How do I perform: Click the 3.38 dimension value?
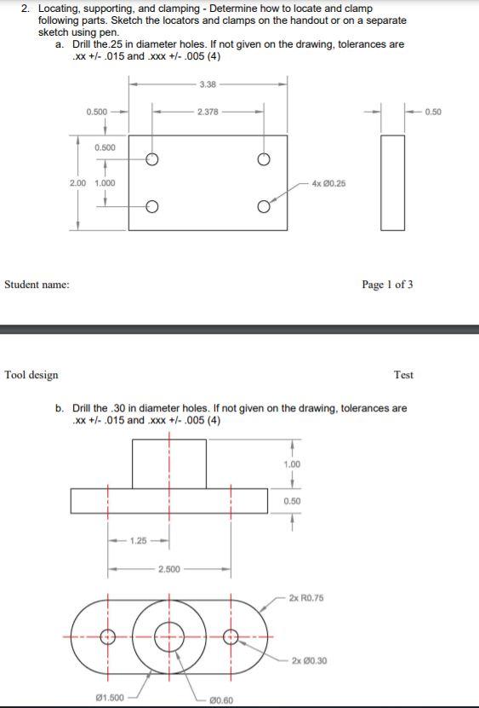click(x=207, y=83)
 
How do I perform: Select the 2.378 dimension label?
click(x=207, y=112)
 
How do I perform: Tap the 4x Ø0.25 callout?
click(x=329, y=183)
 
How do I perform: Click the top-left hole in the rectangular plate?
click(x=152, y=159)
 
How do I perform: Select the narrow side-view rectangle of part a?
click(x=392, y=181)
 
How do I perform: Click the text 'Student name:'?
click(x=37, y=284)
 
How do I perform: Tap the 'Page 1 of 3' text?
click(x=387, y=284)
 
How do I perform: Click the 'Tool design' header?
click(x=32, y=374)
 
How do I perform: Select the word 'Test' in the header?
click(x=403, y=374)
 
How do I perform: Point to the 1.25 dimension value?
click(x=139, y=540)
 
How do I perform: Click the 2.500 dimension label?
click(x=168, y=568)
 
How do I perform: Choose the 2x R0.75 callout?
click(x=306, y=598)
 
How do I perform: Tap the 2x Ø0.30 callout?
click(x=309, y=660)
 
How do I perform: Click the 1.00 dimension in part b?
click(x=291, y=464)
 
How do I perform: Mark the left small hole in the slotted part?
click(x=107, y=636)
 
